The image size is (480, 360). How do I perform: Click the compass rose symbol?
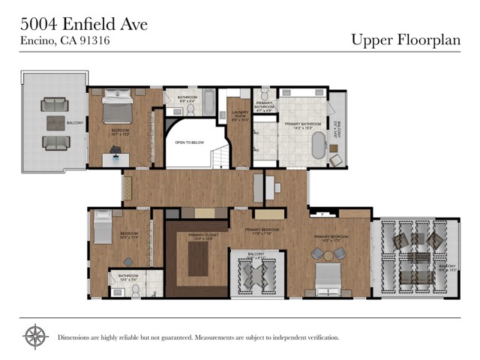[34, 337]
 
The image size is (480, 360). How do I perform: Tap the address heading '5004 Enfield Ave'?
[83, 24]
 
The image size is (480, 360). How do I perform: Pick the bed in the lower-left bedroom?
[102, 225]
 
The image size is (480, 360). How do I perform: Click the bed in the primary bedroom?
[328, 278]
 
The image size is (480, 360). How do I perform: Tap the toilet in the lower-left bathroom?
[136, 289]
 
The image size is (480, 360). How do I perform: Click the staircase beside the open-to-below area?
[217, 157]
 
